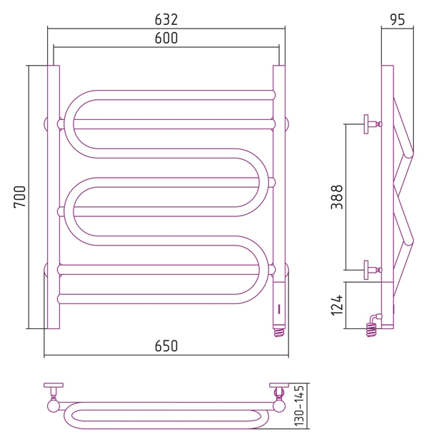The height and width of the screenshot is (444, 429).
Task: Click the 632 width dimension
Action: pos(166,19)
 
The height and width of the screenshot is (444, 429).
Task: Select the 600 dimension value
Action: pos(166,38)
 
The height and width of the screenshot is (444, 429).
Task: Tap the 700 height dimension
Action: pos(19,197)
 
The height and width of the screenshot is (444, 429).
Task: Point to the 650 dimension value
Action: pos(166,345)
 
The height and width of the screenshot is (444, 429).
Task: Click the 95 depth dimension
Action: pos(398,19)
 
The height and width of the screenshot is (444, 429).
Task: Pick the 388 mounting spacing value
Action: pos(337,197)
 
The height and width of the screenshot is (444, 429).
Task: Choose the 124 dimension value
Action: pos(337,306)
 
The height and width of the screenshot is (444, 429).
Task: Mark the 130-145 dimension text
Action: pos(299,405)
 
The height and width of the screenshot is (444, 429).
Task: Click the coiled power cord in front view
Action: pos(279,333)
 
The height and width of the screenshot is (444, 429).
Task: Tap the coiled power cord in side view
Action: pos(373,326)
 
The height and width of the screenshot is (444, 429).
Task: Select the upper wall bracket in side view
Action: pos(373,124)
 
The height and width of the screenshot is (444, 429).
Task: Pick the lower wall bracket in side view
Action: pos(373,270)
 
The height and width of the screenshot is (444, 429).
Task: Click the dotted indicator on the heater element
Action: pos(279,309)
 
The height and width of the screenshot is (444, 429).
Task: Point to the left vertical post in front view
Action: pos(54,197)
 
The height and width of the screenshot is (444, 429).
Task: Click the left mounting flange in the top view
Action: pos(54,385)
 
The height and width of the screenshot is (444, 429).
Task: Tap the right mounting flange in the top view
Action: pos(279,385)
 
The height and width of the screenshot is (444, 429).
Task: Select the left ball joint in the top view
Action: pos(54,405)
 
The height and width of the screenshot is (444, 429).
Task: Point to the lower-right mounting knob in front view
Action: pos(287,270)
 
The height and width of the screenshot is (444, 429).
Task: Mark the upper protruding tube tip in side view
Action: pos(410,153)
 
